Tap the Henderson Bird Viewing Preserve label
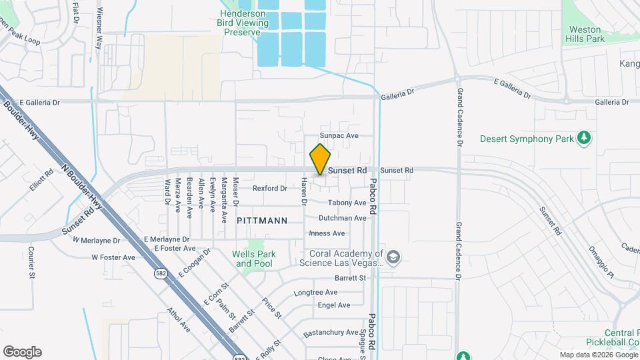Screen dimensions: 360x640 point(242,23)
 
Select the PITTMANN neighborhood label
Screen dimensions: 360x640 point(262,220)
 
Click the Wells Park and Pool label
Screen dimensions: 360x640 point(253,259)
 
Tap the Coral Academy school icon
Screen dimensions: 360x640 point(393,257)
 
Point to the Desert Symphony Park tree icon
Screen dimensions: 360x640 point(585,138)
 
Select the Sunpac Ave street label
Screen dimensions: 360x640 point(339,135)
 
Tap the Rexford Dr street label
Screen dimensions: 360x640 point(269,189)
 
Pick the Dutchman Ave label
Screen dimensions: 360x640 point(342,218)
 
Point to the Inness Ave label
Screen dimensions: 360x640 point(327,233)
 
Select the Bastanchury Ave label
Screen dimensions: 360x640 point(331,332)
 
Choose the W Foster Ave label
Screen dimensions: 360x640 point(113,257)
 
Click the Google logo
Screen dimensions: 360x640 point(22,352)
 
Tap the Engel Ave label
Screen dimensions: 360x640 point(334,305)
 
